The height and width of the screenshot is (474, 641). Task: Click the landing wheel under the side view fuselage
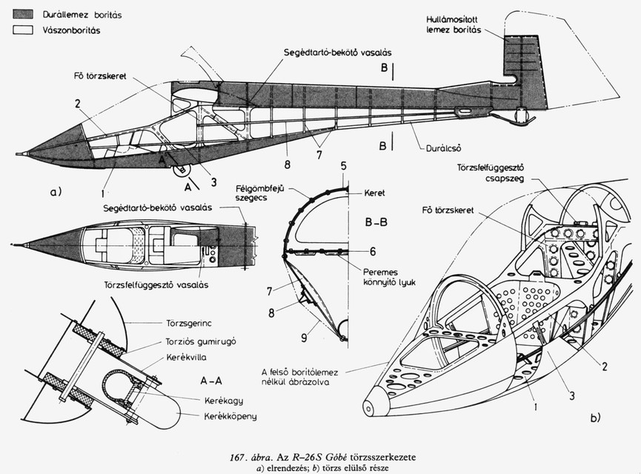(181, 171)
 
